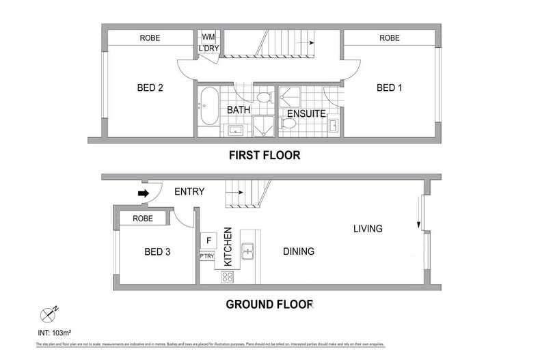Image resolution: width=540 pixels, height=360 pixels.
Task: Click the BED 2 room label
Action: (150, 87)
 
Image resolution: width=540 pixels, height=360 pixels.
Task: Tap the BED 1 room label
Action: (389, 87)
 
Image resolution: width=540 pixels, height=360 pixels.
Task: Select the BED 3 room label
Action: (157, 252)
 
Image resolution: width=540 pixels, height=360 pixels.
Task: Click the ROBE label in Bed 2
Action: (150, 38)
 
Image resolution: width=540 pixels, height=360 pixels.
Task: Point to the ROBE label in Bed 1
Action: (389, 38)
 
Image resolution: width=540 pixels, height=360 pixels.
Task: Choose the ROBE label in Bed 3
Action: (143, 219)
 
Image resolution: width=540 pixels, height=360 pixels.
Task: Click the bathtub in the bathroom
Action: (208, 106)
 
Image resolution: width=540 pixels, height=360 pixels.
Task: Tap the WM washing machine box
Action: (207, 37)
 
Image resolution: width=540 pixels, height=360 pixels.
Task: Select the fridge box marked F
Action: (208, 240)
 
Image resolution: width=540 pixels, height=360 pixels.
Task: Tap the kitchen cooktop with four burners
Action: (228, 277)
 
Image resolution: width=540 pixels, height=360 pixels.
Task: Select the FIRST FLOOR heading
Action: (264, 155)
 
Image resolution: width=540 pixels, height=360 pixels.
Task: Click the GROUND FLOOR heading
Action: (269, 304)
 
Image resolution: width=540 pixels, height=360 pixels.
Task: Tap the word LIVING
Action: (368, 229)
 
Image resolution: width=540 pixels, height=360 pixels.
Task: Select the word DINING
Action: (299, 251)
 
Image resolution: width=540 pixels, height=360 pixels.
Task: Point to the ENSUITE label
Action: (306, 113)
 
